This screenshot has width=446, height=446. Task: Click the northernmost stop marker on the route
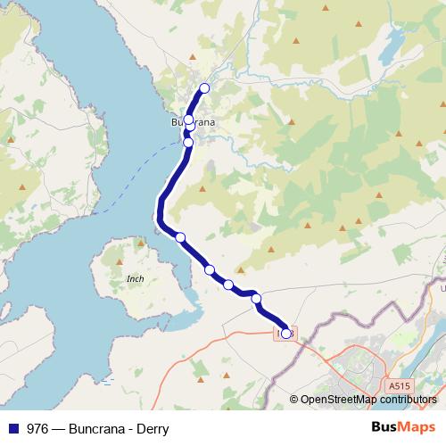pos(204,87)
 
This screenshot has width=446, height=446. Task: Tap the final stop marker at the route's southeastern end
pos(285,334)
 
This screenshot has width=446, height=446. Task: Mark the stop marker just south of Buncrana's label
pos(188,142)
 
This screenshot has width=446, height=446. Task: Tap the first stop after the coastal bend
pos(180,236)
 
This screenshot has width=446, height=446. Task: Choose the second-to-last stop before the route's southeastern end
pos(256,298)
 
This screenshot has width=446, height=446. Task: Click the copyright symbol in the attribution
pos(294,399)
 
